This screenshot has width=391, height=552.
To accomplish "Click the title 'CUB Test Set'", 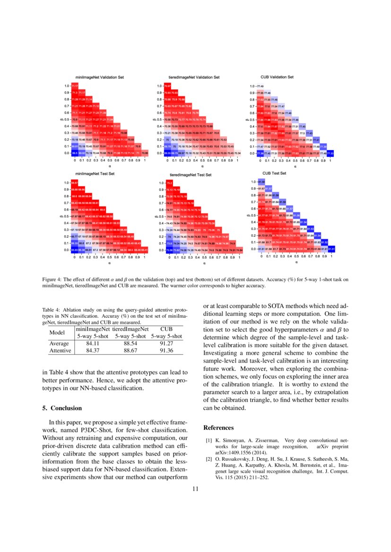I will point(274,173).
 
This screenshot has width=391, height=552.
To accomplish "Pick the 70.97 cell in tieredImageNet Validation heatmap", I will point(167,86).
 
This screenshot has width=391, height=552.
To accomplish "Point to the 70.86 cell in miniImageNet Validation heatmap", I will point(145,153).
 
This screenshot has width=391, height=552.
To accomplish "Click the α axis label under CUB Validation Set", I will point(295,166).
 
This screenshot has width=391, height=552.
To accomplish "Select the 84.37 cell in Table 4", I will point(92,351).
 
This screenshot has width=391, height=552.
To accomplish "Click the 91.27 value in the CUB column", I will point(166,344).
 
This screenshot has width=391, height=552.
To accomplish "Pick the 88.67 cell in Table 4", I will point(130,351).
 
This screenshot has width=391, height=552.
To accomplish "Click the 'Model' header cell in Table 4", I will point(57,332).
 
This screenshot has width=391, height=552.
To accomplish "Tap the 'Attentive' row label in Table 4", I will point(60,351).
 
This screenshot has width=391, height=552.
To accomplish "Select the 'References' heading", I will point(218,428).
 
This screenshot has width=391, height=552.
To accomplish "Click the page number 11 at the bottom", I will point(195,489).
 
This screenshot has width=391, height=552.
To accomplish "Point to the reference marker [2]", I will point(208,459).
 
